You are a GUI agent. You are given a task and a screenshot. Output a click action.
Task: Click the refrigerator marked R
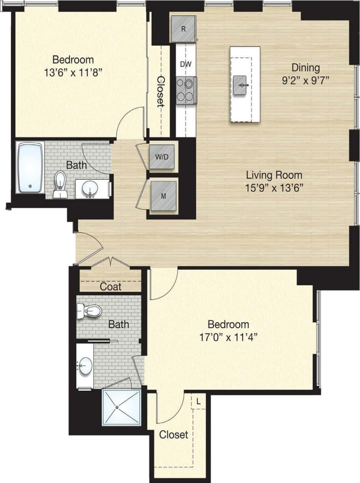(183, 29)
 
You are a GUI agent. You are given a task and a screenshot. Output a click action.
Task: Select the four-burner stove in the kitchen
(186, 90)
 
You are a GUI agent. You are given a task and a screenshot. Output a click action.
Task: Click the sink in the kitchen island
(241, 85)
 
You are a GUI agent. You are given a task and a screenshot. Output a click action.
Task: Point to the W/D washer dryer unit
(162, 156)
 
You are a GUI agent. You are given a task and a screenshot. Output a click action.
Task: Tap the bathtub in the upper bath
(30, 167)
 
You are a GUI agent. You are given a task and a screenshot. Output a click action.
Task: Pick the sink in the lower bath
(85, 364)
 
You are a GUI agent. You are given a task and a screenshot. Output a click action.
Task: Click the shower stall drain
(121, 407)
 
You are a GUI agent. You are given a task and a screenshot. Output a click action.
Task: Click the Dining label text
(305, 68)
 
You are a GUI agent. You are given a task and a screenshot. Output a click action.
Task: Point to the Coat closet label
(111, 287)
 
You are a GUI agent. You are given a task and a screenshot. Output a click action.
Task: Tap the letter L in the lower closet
(198, 402)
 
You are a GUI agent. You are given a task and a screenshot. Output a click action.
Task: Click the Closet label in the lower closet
(174, 435)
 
